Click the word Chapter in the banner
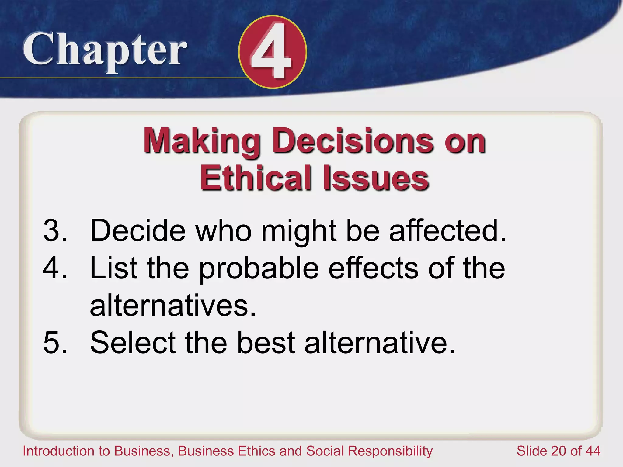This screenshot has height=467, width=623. (105, 50)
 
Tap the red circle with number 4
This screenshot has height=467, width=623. (273, 52)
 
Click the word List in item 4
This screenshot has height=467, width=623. (114, 268)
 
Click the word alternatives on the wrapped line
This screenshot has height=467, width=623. (173, 305)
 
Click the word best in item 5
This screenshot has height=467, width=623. (266, 343)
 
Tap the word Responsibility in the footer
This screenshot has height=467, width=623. (390, 451)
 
